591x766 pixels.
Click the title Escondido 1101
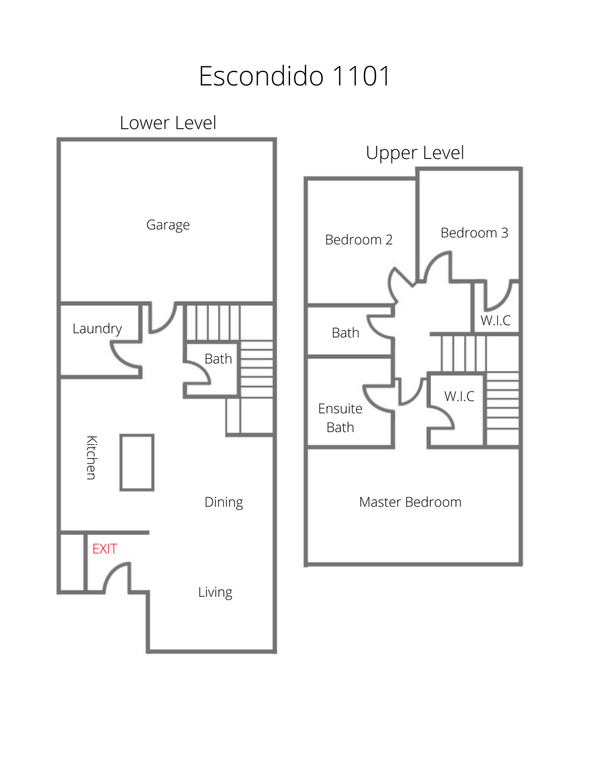click(x=295, y=76)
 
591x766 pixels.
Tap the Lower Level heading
click(x=168, y=123)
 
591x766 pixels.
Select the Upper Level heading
click(x=414, y=153)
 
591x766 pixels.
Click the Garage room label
click(x=168, y=225)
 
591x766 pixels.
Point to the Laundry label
click(x=97, y=329)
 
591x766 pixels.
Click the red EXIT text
click(x=105, y=549)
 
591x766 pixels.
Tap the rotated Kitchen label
click(x=92, y=458)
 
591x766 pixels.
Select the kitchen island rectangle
click(x=137, y=463)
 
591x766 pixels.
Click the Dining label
click(x=224, y=502)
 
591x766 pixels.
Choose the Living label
click(x=215, y=592)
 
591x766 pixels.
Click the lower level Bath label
click(x=218, y=359)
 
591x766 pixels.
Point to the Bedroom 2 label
click(x=359, y=240)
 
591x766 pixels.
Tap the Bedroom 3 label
click(x=474, y=232)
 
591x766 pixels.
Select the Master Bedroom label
click(x=410, y=502)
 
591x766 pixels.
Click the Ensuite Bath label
click(x=340, y=418)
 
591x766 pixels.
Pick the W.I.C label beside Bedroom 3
click(x=495, y=320)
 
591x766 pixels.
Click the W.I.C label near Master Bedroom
click(x=459, y=396)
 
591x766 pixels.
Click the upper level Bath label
click(x=346, y=333)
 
